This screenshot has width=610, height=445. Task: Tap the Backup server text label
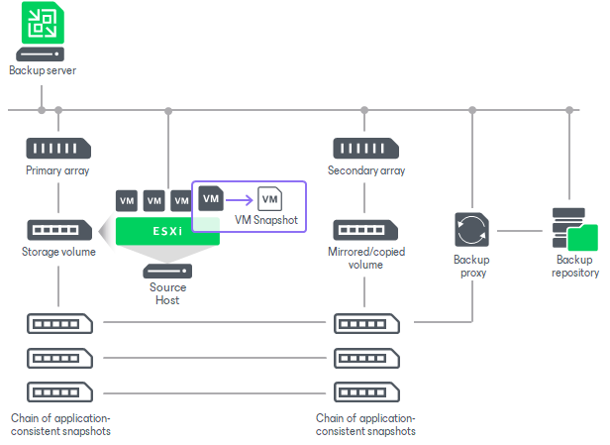coord(42,70)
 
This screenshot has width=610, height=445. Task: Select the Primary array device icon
coord(58,149)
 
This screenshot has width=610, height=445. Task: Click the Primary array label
coord(58,170)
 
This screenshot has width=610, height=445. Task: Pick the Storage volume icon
coord(58,230)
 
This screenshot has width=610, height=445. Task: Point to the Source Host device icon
coord(167,271)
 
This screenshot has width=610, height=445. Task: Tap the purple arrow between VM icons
coord(239,198)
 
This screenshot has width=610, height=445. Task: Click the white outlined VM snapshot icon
coord(268,198)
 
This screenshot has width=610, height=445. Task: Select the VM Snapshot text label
coord(266,220)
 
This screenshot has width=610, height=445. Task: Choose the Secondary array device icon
coord(365,149)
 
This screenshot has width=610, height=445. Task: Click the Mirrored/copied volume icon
coord(365,230)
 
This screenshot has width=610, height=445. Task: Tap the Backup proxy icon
coord(470,230)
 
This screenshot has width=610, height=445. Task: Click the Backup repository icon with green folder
coord(574,230)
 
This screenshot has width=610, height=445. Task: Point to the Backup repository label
coord(574,266)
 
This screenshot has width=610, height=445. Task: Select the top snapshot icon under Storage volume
coord(58,323)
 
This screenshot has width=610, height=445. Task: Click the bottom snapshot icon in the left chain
coord(58,390)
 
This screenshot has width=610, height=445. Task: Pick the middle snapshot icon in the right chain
coord(365,357)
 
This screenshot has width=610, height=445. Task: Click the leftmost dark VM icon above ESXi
coord(127,200)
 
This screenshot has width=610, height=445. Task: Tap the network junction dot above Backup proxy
coord(470,110)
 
